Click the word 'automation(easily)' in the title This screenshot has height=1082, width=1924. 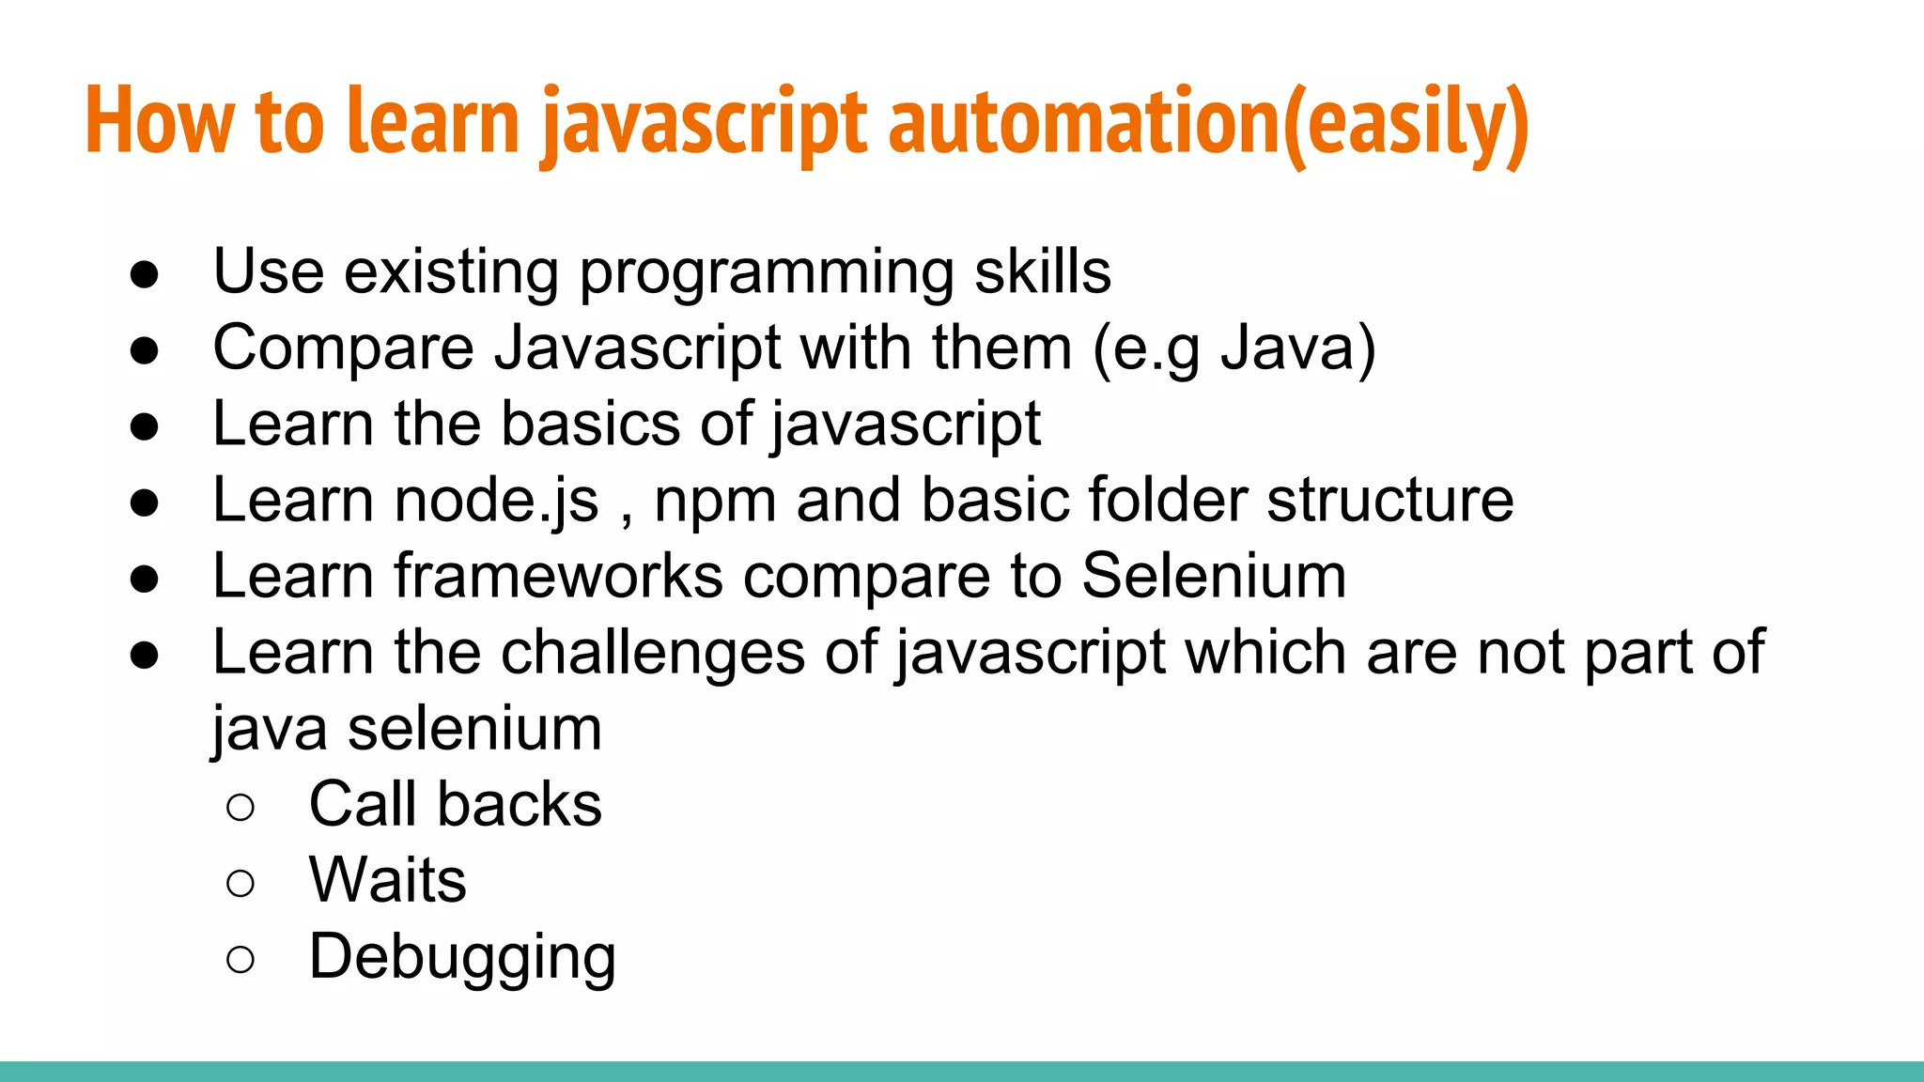pyautogui.click(x=1208, y=122)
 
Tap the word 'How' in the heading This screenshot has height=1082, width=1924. pyautogui.click(x=160, y=122)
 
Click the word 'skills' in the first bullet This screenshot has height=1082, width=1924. pyautogui.click(x=1043, y=272)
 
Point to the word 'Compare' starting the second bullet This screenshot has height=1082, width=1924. pyautogui.click(x=343, y=348)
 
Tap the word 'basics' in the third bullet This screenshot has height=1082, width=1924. pyautogui.click(x=590, y=425)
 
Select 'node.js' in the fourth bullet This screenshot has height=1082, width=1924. pyautogui.click(x=496, y=501)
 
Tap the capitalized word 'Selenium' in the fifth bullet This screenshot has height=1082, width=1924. pyautogui.click(x=1214, y=576)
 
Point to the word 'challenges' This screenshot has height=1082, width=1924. pyautogui.click(x=652, y=653)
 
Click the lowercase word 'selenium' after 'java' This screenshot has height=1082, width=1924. pyautogui.click(x=474, y=729)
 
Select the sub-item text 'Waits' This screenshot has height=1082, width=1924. pyautogui.click(x=387, y=881)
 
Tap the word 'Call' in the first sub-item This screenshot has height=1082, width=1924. pyautogui.click(x=362, y=805)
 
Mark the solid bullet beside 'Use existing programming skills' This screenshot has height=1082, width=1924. pyautogui.click(x=145, y=275)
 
